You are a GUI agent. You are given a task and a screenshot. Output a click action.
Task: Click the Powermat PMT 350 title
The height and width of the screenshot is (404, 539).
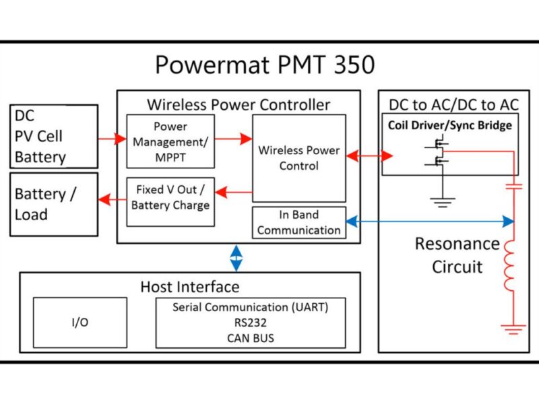point(265,65)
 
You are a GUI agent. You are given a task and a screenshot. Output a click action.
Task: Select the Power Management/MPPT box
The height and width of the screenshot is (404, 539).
point(170,141)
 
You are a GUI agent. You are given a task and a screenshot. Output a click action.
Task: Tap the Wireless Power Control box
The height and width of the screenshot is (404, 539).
point(298,158)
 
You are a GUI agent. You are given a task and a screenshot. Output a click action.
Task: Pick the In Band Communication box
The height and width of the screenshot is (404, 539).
point(298,223)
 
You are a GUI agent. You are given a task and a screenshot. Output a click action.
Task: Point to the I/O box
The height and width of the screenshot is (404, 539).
point(80,323)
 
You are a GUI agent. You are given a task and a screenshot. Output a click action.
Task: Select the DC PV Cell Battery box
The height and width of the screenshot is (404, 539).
point(53,136)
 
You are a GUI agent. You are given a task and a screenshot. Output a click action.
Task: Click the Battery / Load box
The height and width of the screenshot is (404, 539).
point(53,204)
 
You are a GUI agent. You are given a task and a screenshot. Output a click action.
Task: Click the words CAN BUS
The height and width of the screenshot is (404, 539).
point(251,338)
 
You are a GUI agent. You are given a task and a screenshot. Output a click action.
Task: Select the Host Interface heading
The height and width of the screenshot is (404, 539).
point(189,287)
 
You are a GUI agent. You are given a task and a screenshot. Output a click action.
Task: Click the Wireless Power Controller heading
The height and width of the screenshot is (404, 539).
point(239,104)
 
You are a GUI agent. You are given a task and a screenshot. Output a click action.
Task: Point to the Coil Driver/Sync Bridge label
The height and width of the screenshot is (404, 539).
point(449,126)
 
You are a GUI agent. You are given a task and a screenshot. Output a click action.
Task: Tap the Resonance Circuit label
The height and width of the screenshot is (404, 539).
point(457,255)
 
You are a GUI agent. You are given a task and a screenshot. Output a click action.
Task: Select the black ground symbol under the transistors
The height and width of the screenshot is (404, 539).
point(443,201)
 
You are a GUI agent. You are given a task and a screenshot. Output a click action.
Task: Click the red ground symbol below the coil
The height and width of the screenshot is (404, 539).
point(513,329)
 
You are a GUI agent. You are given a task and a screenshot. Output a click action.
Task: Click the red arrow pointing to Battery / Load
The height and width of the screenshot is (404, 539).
point(112,199)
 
